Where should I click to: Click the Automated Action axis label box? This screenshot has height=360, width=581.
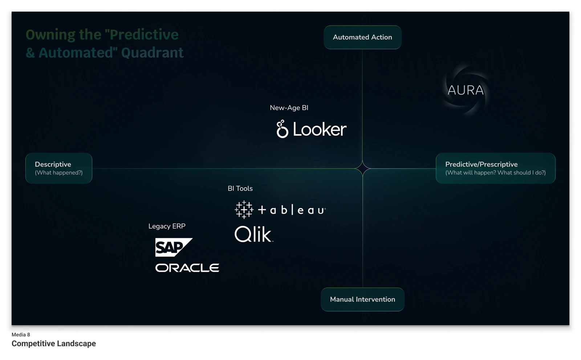coord(362,37)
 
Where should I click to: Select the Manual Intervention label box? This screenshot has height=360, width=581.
coord(362,299)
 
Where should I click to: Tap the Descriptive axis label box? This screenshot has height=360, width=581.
coord(58,168)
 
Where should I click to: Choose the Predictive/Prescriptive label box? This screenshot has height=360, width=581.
coord(495,168)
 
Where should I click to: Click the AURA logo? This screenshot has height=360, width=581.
coord(466,90)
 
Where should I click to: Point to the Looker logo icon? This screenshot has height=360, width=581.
coord(282,129)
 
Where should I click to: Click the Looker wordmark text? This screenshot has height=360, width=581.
coord(320,130)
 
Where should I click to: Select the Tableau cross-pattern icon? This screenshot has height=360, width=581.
coord(244,209)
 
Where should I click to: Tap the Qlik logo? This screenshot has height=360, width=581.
coord(253,234)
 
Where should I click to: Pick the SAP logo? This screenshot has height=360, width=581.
coord(173,247)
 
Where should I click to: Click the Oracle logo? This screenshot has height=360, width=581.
coord(187,268)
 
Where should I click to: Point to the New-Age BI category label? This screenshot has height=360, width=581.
coord(289,108)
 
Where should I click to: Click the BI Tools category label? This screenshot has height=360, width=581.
coord(240,188)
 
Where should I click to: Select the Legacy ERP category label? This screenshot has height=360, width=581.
coord(167,226)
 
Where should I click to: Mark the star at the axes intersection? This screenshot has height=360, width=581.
coord(362,168)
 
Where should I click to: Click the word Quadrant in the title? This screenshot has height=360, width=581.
coord(152,53)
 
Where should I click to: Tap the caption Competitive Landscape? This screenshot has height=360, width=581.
coord(54,344)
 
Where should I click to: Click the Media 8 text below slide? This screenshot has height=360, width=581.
coord(21,335)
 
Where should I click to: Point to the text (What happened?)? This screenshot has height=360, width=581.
coord(58,173)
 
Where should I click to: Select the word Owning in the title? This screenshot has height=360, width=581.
coord(50,35)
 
